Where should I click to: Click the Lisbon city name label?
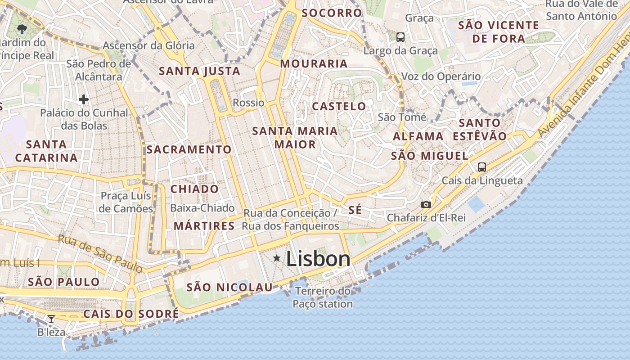[318, 259]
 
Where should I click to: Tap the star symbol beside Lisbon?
[277, 258]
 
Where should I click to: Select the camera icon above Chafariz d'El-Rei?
[426, 205]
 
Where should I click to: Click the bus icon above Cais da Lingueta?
[481, 167]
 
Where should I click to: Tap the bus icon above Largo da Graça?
[400, 37]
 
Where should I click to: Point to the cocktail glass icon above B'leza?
[51, 319]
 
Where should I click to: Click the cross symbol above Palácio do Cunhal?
[83, 99]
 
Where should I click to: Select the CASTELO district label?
[339, 107]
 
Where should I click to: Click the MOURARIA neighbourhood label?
[314, 64]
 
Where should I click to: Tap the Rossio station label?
[248, 103]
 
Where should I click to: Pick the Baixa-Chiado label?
[202, 208]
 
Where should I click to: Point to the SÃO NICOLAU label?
[229, 287]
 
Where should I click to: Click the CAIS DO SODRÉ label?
[131, 314]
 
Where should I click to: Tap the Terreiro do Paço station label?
[323, 297]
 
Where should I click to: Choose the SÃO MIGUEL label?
[430, 156]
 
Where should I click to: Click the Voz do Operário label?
[441, 76]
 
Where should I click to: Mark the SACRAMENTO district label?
[189, 149]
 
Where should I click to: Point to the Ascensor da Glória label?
[149, 45]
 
